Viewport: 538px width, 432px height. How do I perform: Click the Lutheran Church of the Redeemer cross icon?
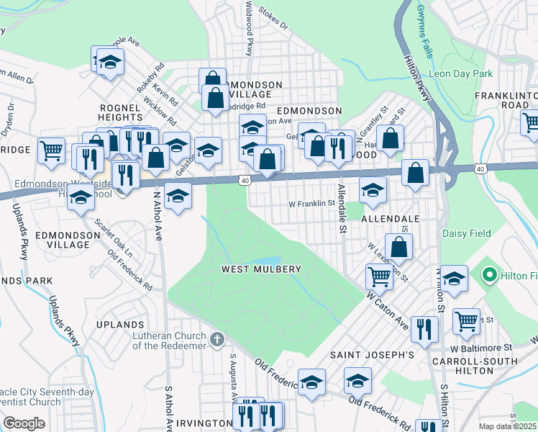218,338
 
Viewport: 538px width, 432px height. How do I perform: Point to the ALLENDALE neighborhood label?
391,218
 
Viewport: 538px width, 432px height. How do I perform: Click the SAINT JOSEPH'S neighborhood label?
372,355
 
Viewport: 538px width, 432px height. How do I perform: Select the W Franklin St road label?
312,204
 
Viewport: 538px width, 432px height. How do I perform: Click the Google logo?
24,423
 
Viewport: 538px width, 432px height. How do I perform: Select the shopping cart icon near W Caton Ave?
378,275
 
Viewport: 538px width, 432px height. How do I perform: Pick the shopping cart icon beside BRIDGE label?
51,150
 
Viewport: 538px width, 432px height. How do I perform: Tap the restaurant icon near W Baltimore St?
424,328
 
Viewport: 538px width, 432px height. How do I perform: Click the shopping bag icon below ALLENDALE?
398,246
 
